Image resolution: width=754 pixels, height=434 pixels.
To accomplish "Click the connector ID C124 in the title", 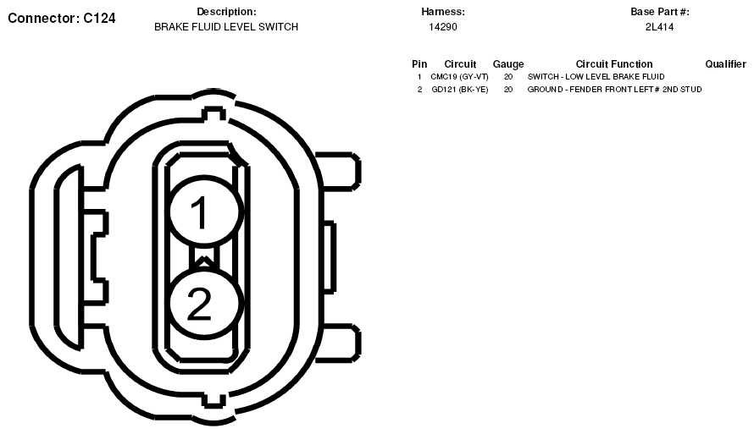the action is (x=99, y=19).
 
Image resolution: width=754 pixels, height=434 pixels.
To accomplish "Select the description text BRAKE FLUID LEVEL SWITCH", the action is (x=226, y=27).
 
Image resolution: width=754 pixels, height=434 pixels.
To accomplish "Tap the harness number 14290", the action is (x=443, y=27).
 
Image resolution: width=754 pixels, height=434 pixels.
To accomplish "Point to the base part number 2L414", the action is (x=659, y=27).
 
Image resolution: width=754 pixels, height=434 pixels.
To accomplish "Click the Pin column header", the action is (x=419, y=63).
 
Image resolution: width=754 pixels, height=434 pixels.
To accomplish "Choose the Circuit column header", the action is (x=460, y=63).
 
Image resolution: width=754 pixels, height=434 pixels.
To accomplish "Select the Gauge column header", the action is (x=508, y=64).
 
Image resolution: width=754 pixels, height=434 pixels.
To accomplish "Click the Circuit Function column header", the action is (x=614, y=63).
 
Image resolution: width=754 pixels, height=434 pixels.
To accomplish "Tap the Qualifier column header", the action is (x=726, y=63).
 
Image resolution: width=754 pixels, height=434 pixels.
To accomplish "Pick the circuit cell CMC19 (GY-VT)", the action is (x=460, y=77).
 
